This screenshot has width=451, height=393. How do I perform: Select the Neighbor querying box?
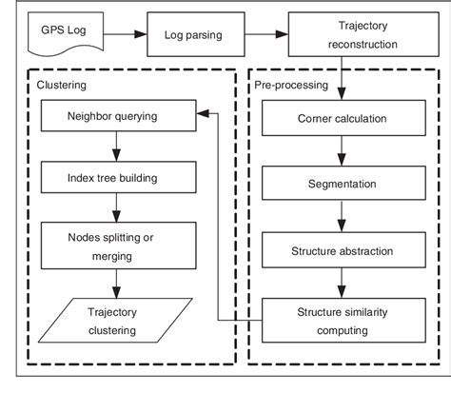[113, 117]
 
